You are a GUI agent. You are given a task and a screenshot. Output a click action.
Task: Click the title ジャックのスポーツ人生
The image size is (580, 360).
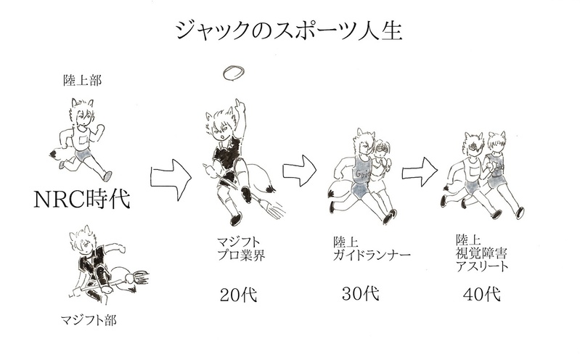coord(289,30)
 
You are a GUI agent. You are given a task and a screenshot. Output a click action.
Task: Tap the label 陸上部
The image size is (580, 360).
coord(82,81)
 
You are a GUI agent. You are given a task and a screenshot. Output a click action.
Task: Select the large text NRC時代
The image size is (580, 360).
coord(82,199)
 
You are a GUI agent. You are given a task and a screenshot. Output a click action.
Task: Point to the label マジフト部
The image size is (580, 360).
coord(89,319)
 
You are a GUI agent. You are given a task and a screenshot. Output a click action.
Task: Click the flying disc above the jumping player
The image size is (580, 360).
coord(234,73)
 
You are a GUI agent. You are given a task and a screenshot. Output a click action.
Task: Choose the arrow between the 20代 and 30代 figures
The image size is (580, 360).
coord(300,171)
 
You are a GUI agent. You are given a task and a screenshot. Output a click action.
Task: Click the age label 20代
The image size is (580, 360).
coord(238,295)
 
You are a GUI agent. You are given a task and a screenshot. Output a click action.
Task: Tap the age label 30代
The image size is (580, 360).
coord(361,294)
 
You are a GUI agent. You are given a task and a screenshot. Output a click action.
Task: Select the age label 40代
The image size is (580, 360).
coord(481,295)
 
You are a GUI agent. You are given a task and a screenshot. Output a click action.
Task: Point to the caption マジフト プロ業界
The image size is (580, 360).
coord(241,249)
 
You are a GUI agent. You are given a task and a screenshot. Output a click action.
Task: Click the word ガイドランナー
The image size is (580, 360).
coord(372,255)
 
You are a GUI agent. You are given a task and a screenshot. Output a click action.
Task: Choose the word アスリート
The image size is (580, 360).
coord(482,266)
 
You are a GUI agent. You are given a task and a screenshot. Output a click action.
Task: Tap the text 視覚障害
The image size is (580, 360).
coord(481,253)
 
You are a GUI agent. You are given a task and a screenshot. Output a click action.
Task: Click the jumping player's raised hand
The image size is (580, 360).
coord(240,106)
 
